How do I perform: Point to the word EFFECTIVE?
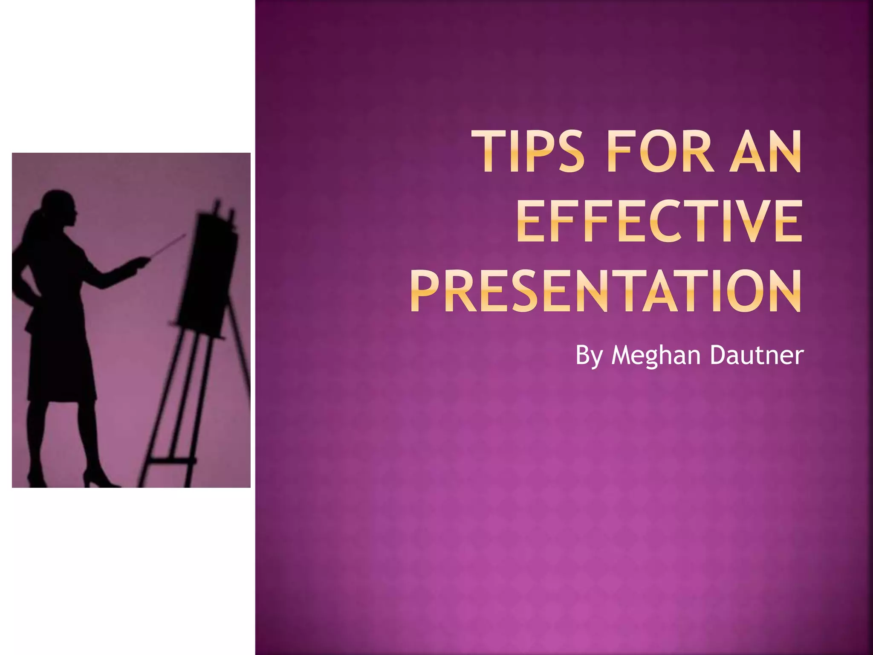pyautogui.click(x=659, y=222)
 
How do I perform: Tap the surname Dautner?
pyautogui.click(x=757, y=355)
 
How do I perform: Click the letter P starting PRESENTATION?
pyautogui.click(x=426, y=292)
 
